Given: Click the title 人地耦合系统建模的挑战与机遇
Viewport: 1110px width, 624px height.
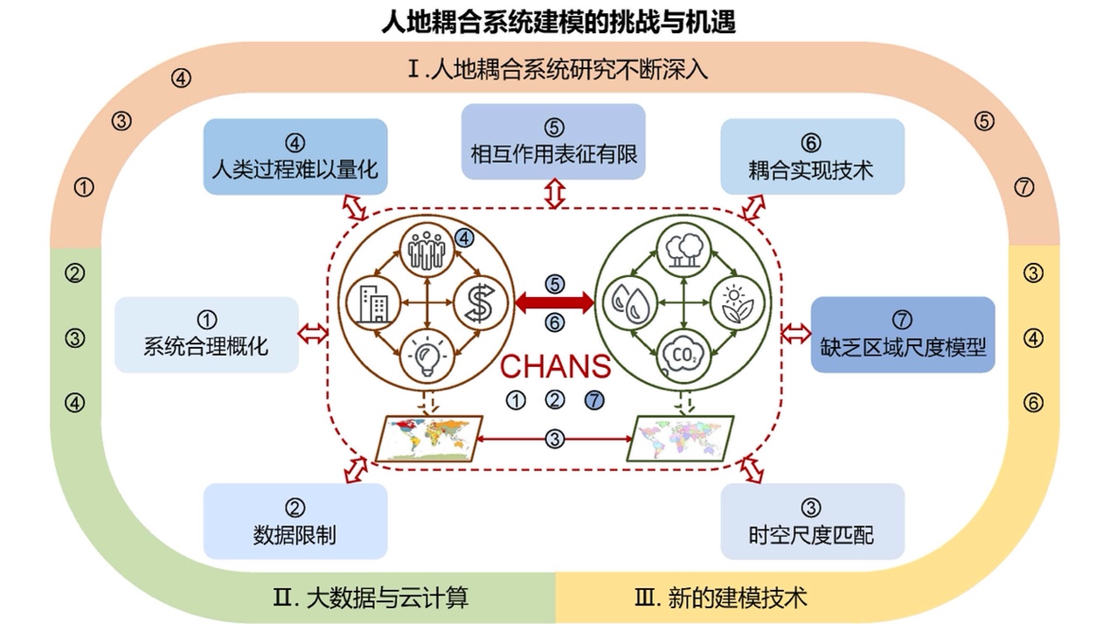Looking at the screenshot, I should (558, 21).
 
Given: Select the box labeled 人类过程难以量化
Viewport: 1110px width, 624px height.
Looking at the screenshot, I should (295, 156).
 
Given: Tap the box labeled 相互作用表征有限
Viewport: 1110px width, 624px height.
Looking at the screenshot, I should (553, 142).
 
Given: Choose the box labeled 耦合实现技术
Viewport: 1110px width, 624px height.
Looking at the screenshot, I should (812, 156).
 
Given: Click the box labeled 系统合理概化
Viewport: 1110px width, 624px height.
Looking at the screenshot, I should (206, 334).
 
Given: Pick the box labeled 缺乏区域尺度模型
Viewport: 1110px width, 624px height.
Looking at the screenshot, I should (903, 334).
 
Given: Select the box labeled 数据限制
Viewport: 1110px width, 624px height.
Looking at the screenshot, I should (295, 521).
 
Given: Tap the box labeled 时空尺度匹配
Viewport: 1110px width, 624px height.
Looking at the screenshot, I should (812, 521).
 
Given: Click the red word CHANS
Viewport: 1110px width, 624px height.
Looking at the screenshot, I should (555, 366).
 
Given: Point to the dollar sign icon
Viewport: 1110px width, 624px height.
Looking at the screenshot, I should (479, 302).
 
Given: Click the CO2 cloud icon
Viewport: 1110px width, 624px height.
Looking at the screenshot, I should (681, 355).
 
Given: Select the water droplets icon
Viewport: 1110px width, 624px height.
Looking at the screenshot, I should (628, 302).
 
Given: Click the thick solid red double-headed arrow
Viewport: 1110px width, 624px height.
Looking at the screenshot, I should (554, 303).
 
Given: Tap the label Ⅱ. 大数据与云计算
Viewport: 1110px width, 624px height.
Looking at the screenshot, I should (371, 598).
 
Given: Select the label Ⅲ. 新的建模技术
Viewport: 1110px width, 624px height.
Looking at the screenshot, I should (720, 598).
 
